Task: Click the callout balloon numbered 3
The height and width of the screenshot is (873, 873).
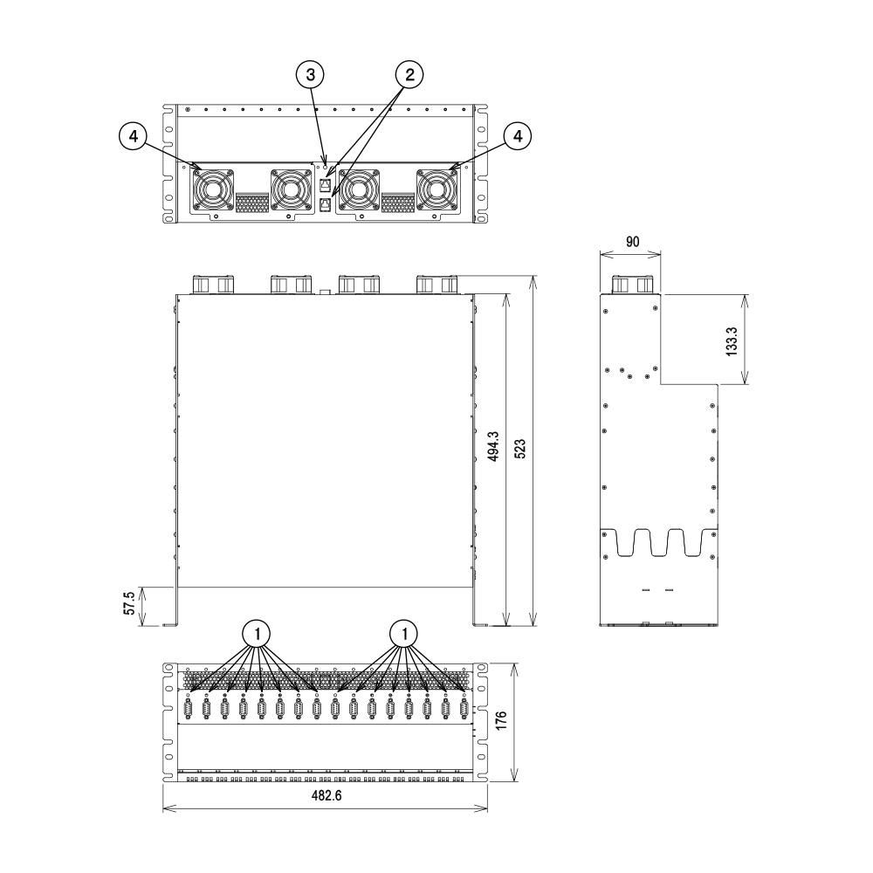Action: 311,74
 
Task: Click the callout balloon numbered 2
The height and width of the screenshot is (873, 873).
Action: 409,74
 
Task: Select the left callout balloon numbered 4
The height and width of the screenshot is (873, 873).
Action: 134,136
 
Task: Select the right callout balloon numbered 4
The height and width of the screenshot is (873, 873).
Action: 518,136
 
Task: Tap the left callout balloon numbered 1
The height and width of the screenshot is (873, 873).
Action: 257,634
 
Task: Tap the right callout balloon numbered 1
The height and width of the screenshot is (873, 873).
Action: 404,634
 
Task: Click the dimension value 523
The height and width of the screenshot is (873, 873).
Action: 519,449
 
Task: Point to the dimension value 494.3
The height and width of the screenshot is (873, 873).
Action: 493,446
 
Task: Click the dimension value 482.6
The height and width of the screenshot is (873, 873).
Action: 327,795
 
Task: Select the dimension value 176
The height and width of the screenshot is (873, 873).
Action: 501,720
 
